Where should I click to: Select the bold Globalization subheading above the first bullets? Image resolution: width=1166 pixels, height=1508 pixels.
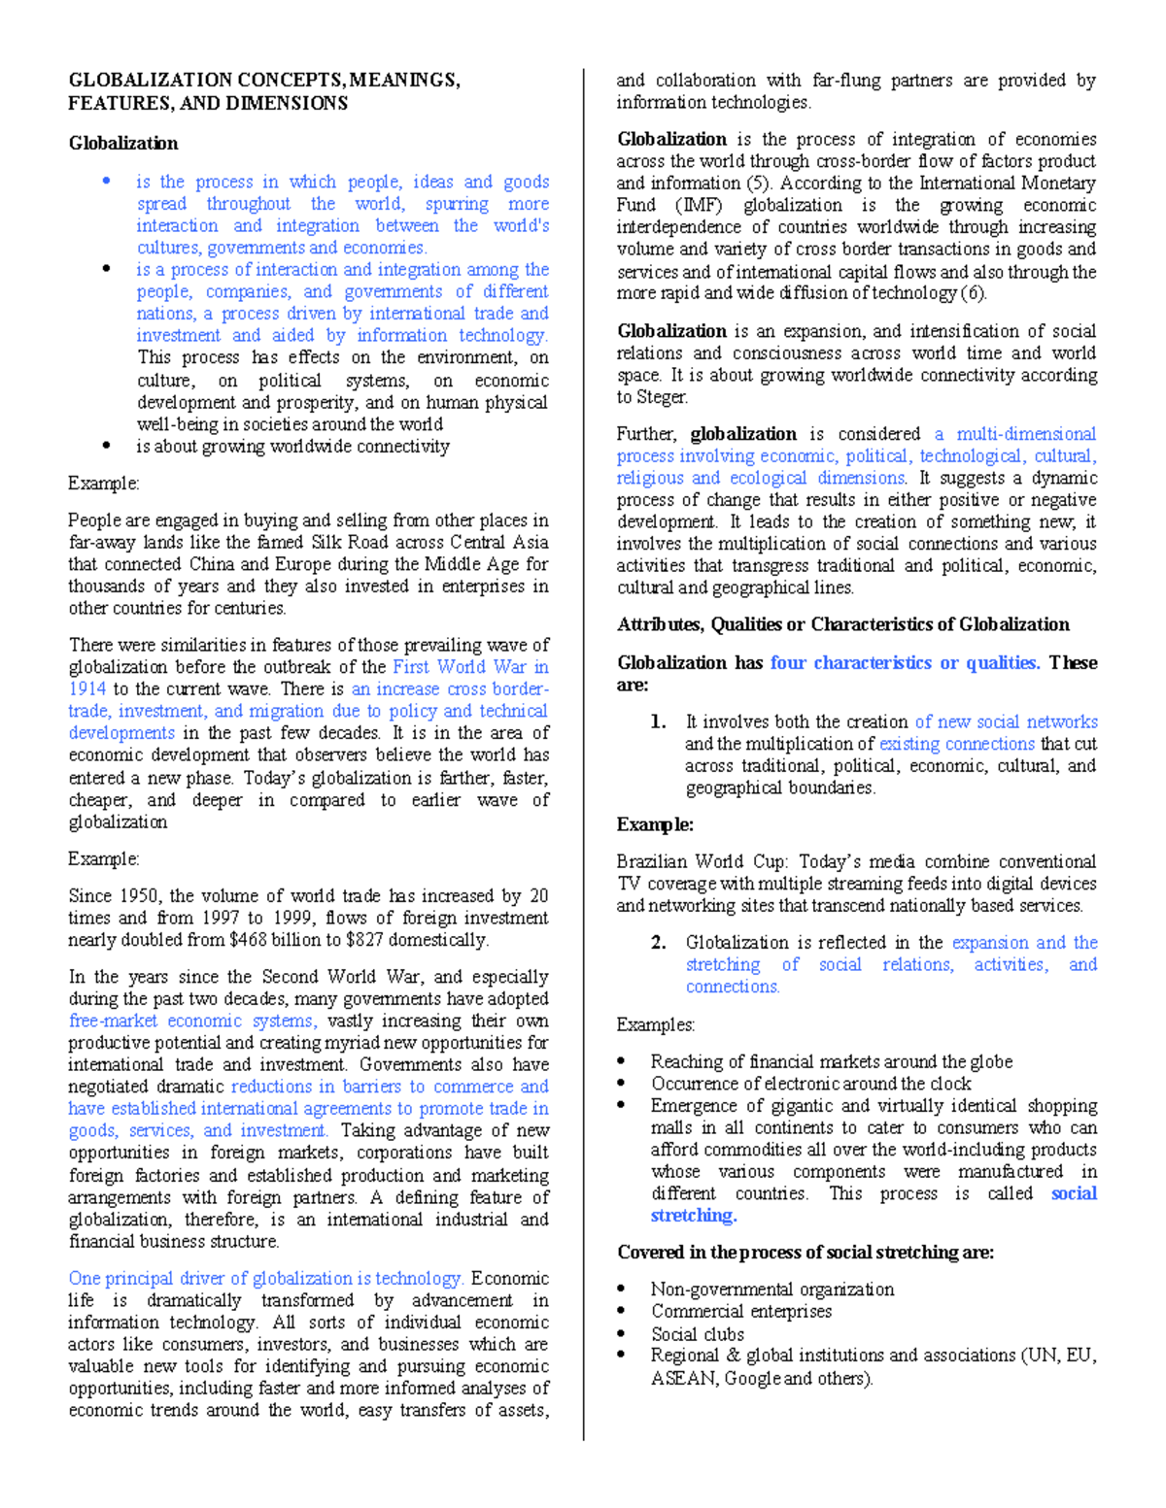click(x=122, y=144)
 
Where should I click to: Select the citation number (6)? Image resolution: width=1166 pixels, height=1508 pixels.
click(x=973, y=293)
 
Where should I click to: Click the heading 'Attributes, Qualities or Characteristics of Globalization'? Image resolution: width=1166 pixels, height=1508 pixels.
click(x=842, y=624)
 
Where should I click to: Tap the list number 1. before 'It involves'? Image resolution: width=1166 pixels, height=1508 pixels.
click(x=658, y=721)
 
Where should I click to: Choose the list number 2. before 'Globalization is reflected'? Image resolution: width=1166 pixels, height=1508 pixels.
click(x=658, y=942)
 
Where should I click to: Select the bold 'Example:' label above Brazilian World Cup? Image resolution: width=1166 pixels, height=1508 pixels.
click(x=655, y=824)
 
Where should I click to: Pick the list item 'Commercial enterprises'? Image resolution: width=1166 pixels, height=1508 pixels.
click(x=741, y=1311)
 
